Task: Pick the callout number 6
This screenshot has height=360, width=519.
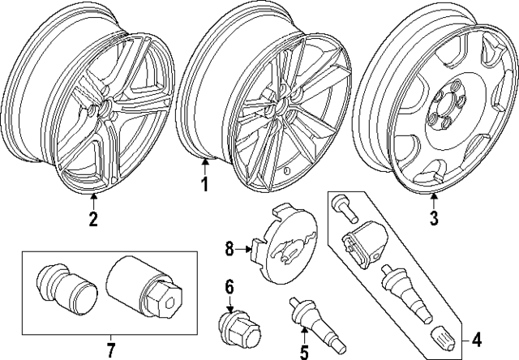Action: [229, 286]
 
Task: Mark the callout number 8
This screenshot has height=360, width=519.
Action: [229, 250]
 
